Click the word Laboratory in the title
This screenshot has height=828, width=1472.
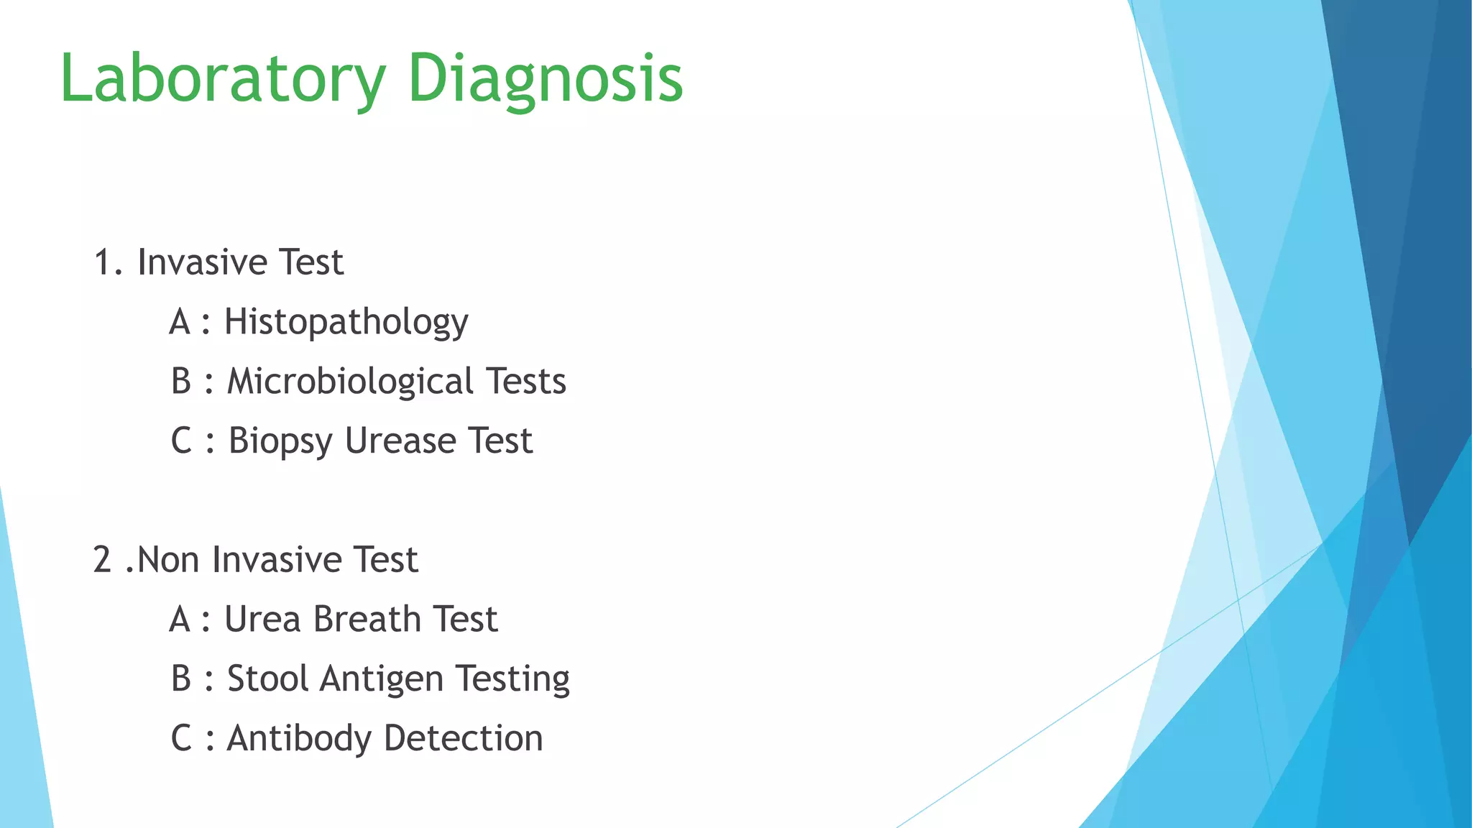[x=223, y=79]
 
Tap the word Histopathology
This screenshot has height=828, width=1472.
[x=346, y=322]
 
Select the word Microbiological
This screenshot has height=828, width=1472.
[x=350, y=382]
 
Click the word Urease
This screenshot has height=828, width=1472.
[x=400, y=441]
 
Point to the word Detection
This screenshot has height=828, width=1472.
[x=464, y=739]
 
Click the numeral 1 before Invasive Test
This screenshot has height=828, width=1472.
[x=104, y=263]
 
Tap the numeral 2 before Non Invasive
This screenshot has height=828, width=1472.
[x=102, y=561]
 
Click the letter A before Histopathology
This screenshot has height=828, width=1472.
[x=180, y=322]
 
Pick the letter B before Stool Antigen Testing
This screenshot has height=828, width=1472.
[x=181, y=679]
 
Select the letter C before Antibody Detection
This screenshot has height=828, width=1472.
[x=181, y=739]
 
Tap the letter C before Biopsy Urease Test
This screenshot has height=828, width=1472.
[x=181, y=441]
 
